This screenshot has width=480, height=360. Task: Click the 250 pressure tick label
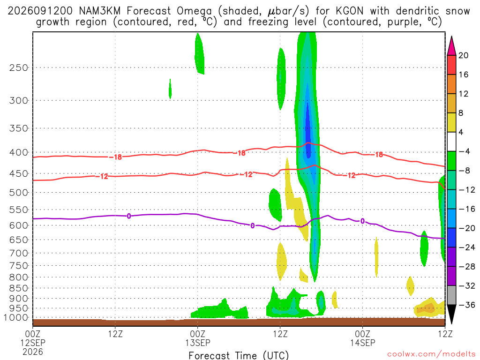(x=19, y=67)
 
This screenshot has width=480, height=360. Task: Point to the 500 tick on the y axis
(x=19, y=193)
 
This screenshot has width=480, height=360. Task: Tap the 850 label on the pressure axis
(x=19, y=288)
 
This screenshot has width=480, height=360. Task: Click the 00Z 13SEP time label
(x=198, y=338)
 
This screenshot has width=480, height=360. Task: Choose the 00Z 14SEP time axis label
(x=363, y=338)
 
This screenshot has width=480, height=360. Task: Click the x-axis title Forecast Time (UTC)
(x=239, y=355)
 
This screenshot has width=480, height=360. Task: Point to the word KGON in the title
(x=350, y=11)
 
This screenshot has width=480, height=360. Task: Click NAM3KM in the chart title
(x=99, y=11)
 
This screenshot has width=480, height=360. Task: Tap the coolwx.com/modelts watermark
(x=431, y=354)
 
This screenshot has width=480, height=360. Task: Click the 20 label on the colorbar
(x=463, y=55)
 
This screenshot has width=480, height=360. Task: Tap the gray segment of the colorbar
(x=451, y=295)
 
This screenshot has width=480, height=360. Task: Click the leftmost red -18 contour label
(x=116, y=157)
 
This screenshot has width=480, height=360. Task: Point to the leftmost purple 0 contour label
(x=129, y=216)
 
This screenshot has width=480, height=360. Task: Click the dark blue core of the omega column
(x=308, y=132)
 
